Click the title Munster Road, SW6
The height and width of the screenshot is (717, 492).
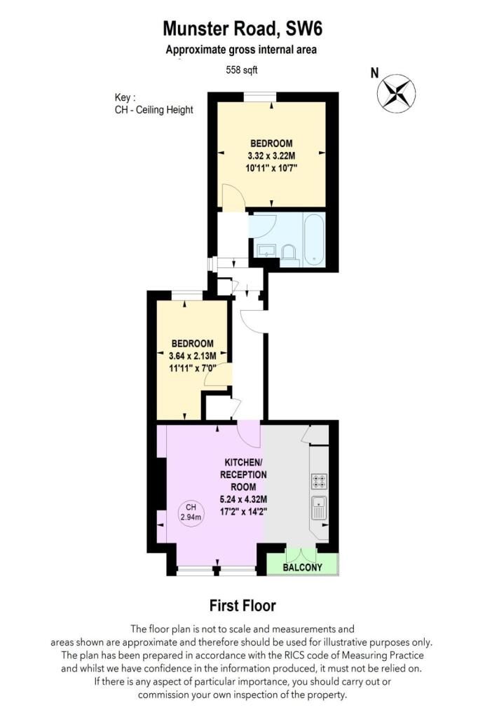(x=242, y=28)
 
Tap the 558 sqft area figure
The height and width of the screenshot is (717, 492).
(x=242, y=70)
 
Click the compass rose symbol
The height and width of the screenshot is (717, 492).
(x=397, y=93)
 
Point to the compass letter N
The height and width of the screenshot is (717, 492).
(x=374, y=73)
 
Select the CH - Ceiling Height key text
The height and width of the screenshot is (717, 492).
(x=153, y=110)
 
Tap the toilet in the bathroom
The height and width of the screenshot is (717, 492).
(x=289, y=253)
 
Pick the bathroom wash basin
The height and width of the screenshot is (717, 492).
(x=266, y=250)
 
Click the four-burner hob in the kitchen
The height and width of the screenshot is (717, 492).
(x=319, y=481)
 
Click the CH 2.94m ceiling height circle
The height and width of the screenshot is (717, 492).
(x=191, y=513)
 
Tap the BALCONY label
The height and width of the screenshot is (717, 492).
(x=303, y=567)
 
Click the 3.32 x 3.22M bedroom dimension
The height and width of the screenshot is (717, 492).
(x=271, y=155)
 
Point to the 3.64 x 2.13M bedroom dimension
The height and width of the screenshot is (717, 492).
(x=193, y=356)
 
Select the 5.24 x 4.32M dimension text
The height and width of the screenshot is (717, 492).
(x=243, y=499)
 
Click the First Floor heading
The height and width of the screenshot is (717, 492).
(x=242, y=606)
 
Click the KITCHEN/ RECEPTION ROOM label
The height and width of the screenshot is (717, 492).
(x=243, y=475)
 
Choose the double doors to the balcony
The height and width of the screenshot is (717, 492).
(x=301, y=555)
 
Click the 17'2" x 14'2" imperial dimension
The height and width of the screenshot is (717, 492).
(x=243, y=512)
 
